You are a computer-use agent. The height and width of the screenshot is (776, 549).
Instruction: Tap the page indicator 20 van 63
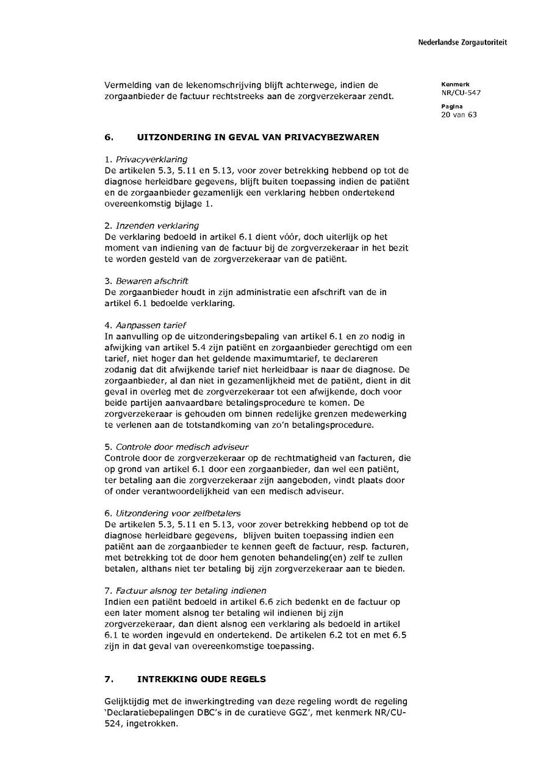459,115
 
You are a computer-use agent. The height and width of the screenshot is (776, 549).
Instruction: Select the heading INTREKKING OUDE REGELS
201,679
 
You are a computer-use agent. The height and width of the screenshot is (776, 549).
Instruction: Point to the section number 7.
108,679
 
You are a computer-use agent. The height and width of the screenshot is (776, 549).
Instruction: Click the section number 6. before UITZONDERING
108,137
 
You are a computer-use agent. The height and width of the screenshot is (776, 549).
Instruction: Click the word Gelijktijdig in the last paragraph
129,702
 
